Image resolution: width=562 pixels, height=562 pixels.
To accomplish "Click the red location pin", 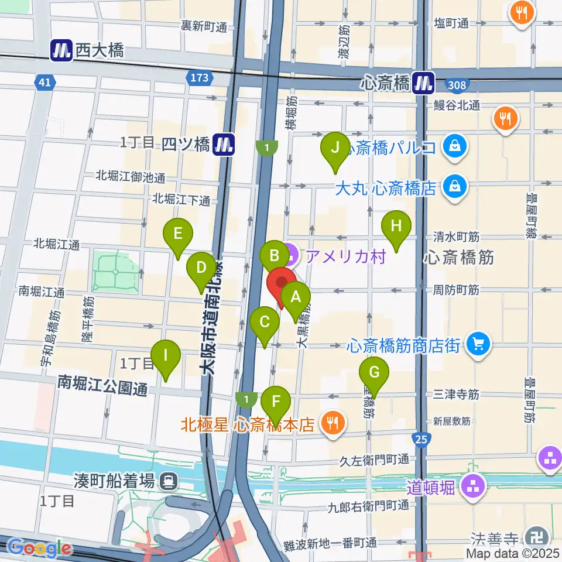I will [282, 285].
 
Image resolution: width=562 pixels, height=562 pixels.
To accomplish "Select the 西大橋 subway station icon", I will [61, 50].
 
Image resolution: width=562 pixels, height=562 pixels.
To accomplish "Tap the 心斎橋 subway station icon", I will [423, 83].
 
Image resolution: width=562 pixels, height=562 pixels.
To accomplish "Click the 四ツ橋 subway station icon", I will [223, 144].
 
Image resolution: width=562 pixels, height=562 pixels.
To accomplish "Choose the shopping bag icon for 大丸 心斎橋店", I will [454, 187].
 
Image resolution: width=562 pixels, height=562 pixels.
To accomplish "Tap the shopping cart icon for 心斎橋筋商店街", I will [478, 345].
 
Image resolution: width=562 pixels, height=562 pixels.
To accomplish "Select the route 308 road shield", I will [458, 86].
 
